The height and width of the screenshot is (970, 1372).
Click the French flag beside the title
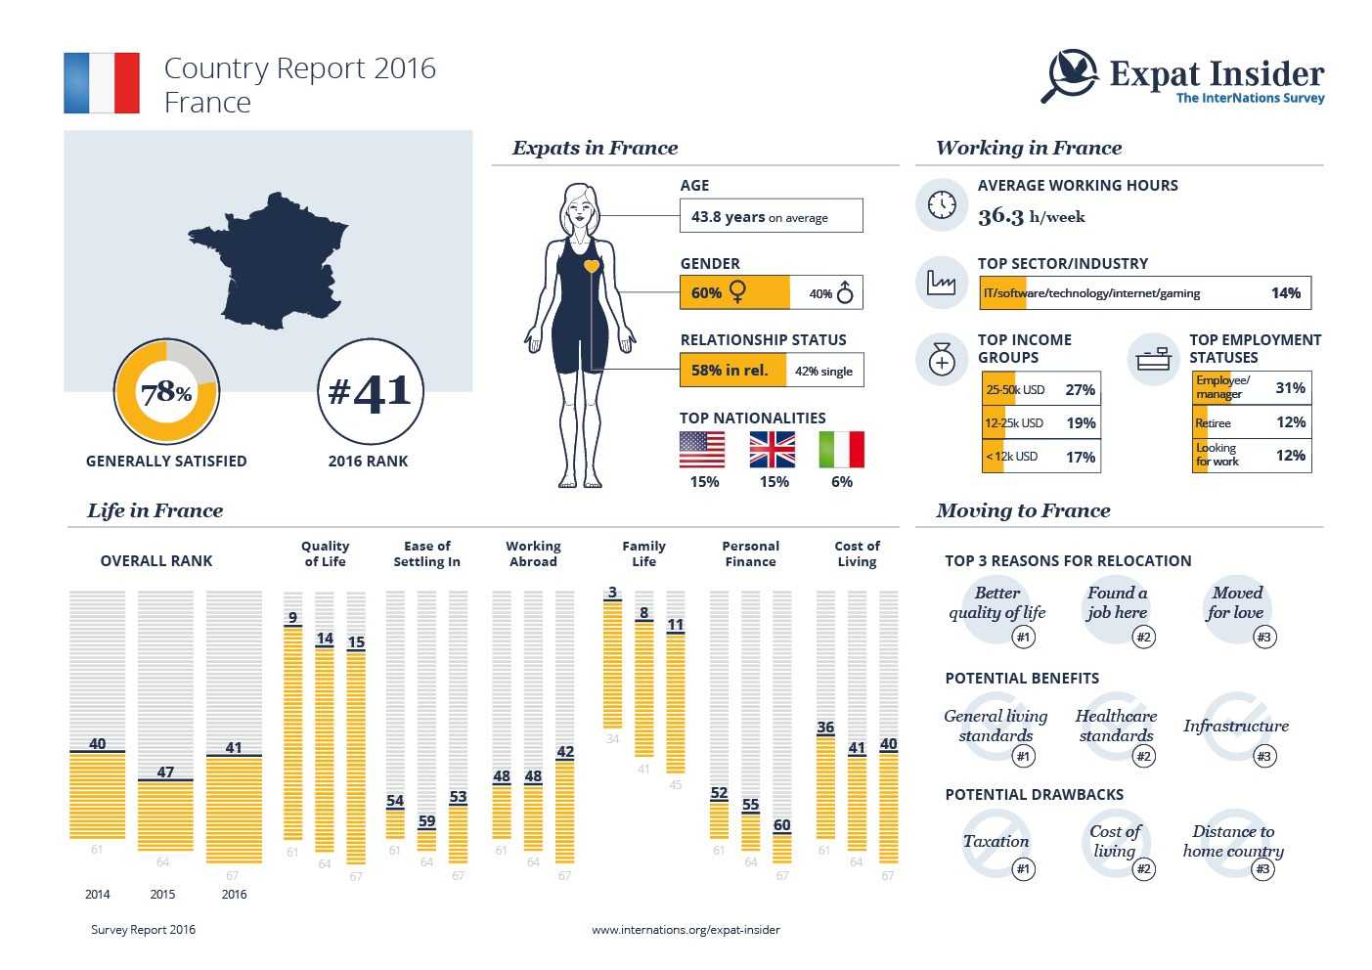tap(102, 83)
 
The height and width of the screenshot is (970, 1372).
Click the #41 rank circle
tap(371, 392)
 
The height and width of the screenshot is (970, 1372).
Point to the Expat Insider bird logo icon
tap(1071, 74)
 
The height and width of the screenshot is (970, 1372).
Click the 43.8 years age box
tap(771, 216)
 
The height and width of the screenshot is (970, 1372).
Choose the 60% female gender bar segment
tap(733, 292)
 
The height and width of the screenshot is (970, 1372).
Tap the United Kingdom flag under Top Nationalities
tap(773, 450)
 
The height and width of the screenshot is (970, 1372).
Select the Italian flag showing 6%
tap(841, 450)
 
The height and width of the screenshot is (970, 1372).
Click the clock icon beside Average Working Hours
tap(942, 205)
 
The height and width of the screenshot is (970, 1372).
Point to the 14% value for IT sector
tap(1285, 293)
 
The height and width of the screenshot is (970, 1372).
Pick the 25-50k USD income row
tap(1040, 389)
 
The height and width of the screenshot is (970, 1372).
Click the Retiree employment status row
tap(1251, 422)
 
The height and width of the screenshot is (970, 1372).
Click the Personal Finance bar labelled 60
tap(781, 848)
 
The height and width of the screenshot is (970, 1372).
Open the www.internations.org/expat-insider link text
tap(686, 930)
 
